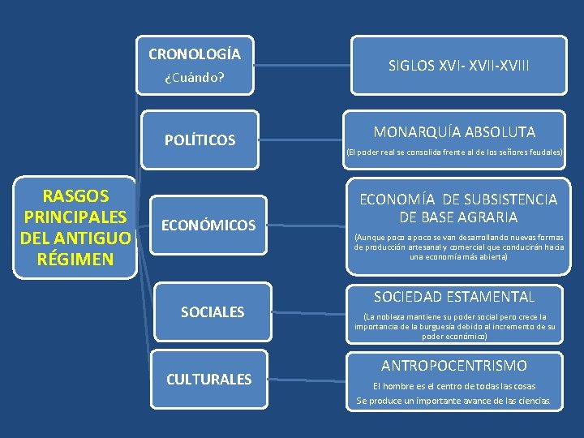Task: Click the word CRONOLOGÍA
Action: coord(195,54)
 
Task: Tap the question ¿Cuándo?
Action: coord(194,79)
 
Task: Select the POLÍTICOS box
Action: coord(200,140)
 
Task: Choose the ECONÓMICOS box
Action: coord(209,225)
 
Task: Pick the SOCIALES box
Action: coord(213,311)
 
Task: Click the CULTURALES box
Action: coord(208,379)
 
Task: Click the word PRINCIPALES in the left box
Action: coord(75,217)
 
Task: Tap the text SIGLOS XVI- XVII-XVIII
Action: coord(458,65)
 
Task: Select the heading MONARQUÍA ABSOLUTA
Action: coord(454,131)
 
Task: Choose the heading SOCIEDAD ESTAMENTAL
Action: coord(454,297)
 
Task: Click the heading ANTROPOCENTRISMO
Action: coord(454,366)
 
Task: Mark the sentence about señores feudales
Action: coord(454,152)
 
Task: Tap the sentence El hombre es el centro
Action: coord(453,385)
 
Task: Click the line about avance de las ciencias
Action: coord(453,401)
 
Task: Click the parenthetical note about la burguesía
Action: coord(455,326)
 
